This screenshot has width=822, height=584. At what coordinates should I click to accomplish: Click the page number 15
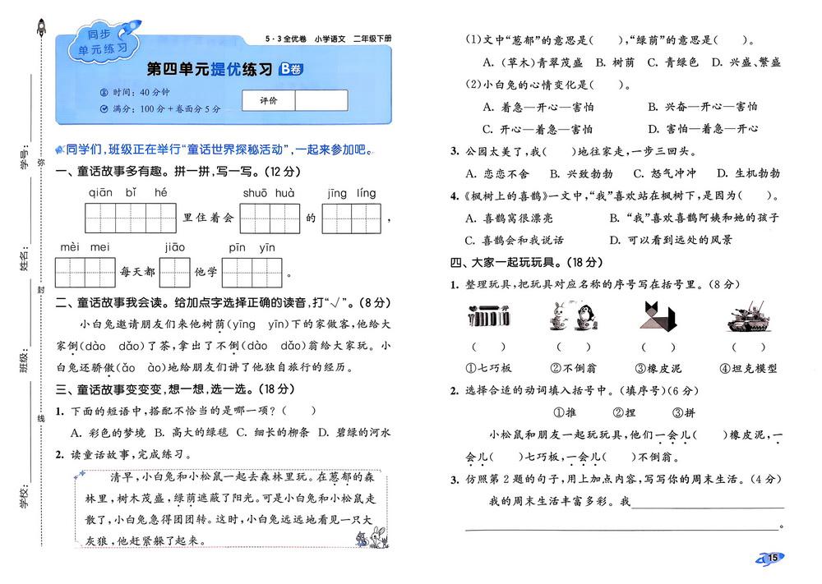[x=773, y=559]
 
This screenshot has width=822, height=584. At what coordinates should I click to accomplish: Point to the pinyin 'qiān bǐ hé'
[x=128, y=194]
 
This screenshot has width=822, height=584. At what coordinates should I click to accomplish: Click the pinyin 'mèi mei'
[x=85, y=247]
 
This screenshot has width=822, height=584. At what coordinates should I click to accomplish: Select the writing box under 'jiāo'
[x=174, y=272]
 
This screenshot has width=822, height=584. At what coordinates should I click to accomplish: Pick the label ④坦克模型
[x=747, y=369]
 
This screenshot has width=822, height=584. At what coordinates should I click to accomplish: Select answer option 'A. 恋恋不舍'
[x=497, y=173]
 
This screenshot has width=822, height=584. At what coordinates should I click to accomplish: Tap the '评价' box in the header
[x=268, y=100]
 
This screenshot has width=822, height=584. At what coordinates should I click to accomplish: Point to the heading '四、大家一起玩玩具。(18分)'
[x=526, y=263]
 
